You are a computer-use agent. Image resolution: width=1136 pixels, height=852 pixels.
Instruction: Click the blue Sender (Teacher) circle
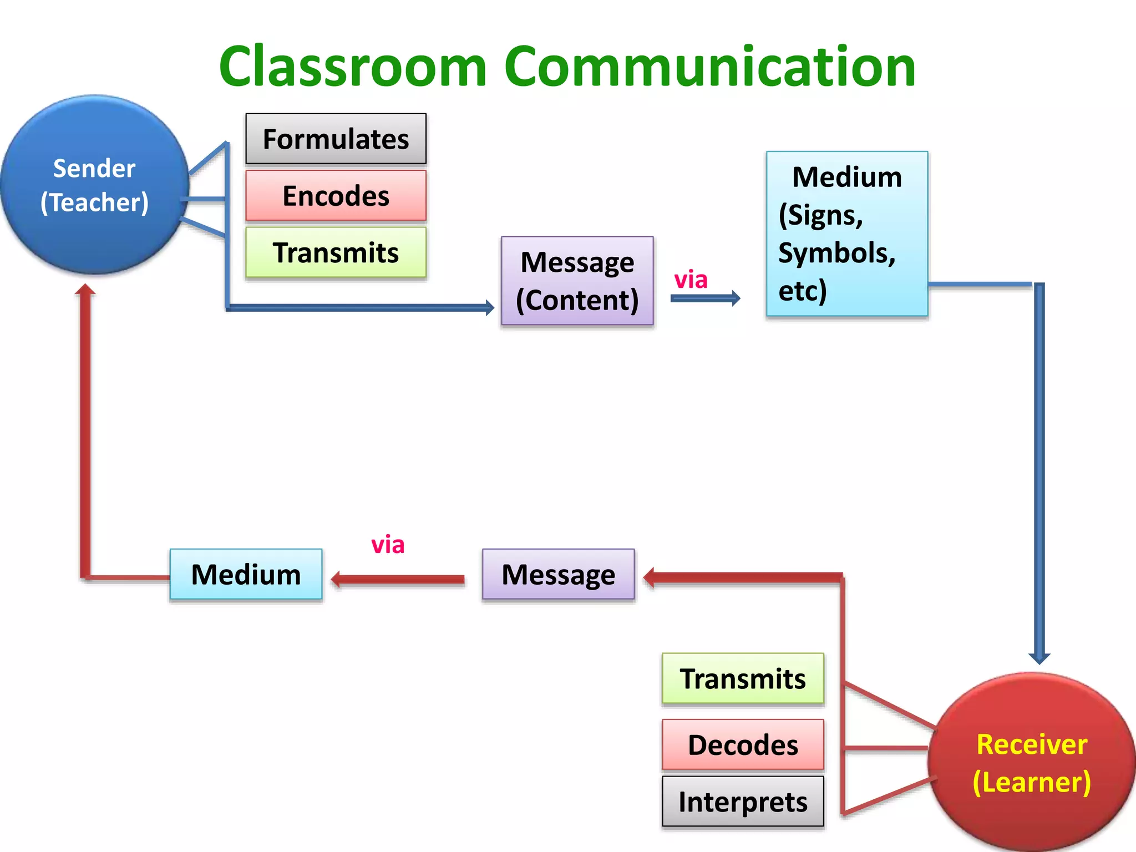pos(94,185)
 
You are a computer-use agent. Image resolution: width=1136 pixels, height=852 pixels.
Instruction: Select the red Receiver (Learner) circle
pos(1032,763)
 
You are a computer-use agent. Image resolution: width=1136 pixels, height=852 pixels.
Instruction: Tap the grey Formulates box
pos(336,139)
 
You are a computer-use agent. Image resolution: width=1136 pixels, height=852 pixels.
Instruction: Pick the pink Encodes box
pos(336,196)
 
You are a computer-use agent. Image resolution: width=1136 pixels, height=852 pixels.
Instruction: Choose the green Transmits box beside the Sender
pos(336,252)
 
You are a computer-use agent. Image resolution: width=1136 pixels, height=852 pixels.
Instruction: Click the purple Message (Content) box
pos(577,281)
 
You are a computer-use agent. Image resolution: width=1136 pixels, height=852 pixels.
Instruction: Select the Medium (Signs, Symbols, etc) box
pos(846,234)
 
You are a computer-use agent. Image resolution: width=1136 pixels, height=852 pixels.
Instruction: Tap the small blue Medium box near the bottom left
pos(246,574)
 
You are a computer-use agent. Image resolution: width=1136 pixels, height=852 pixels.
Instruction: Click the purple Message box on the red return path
pos(558,574)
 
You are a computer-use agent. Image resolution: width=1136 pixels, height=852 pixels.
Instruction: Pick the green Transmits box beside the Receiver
pos(743,678)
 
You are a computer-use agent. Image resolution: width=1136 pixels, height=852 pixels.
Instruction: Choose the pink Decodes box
pos(743,744)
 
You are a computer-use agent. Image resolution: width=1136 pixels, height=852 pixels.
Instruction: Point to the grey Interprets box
pos(743,802)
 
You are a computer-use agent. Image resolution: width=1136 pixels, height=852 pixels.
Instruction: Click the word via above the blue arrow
pos(691,280)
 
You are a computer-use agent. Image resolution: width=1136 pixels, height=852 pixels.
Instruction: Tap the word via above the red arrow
pos(388,545)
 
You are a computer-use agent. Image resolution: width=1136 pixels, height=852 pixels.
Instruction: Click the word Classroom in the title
pos(353,67)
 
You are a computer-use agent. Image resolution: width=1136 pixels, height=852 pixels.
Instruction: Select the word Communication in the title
pos(710,67)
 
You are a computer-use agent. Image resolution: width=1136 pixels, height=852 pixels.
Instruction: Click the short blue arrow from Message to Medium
pos(705,298)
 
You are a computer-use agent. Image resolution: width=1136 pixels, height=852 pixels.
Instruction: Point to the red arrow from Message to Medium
pos(398,580)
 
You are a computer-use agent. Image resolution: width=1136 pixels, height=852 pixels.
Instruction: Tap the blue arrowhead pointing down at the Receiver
pos(1039,658)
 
